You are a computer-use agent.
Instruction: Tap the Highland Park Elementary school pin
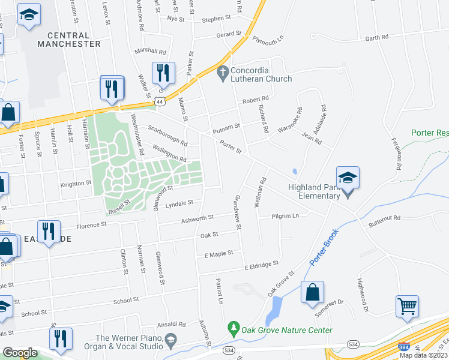pos(348,178)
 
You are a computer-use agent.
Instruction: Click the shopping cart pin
pos(408,305)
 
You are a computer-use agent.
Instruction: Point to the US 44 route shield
pos(160,103)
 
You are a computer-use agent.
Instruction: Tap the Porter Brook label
pos(324,247)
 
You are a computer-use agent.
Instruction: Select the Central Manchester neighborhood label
pos(69,40)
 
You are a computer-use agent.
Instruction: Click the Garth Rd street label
pos(376,37)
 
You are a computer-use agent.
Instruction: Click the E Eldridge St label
pos(261,264)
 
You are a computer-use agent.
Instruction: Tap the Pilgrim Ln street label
pos(285,216)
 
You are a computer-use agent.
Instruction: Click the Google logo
pos(20,352)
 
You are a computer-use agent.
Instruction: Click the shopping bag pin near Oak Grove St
pos(312,292)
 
